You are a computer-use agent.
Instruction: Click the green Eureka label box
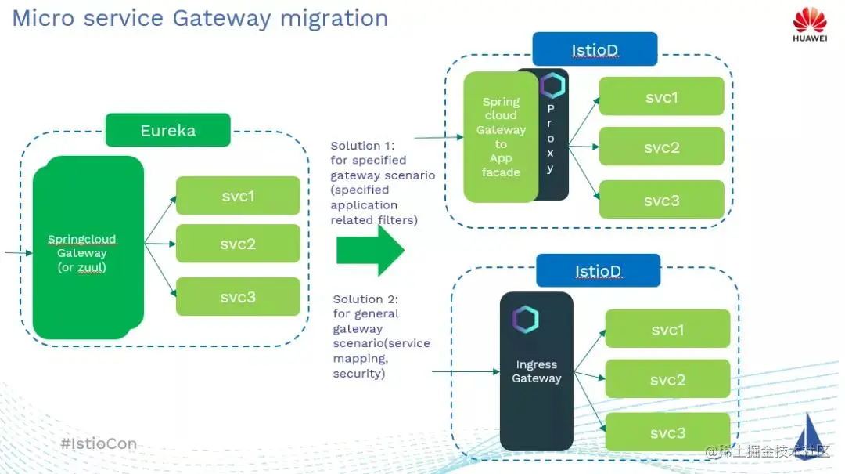point(167,130)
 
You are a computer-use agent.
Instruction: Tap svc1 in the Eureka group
point(238,196)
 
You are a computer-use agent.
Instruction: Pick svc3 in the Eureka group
point(238,297)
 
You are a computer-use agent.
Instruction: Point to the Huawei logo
point(809,25)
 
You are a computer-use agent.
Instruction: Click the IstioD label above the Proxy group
point(595,49)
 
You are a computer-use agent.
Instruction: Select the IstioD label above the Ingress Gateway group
point(598,271)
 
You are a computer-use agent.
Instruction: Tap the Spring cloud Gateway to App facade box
point(501,137)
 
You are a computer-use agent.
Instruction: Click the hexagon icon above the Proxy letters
point(552,85)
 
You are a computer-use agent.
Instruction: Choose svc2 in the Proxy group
point(661,147)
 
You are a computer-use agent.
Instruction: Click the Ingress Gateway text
point(537,371)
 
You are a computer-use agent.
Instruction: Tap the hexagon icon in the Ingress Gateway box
point(525,320)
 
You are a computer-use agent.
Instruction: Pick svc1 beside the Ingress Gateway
point(667,330)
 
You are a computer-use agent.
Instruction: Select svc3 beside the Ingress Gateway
point(667,432)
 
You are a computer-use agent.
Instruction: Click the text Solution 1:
point(363,146)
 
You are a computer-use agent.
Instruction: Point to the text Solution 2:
point(365,299)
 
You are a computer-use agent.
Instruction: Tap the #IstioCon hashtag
point(99,443)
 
